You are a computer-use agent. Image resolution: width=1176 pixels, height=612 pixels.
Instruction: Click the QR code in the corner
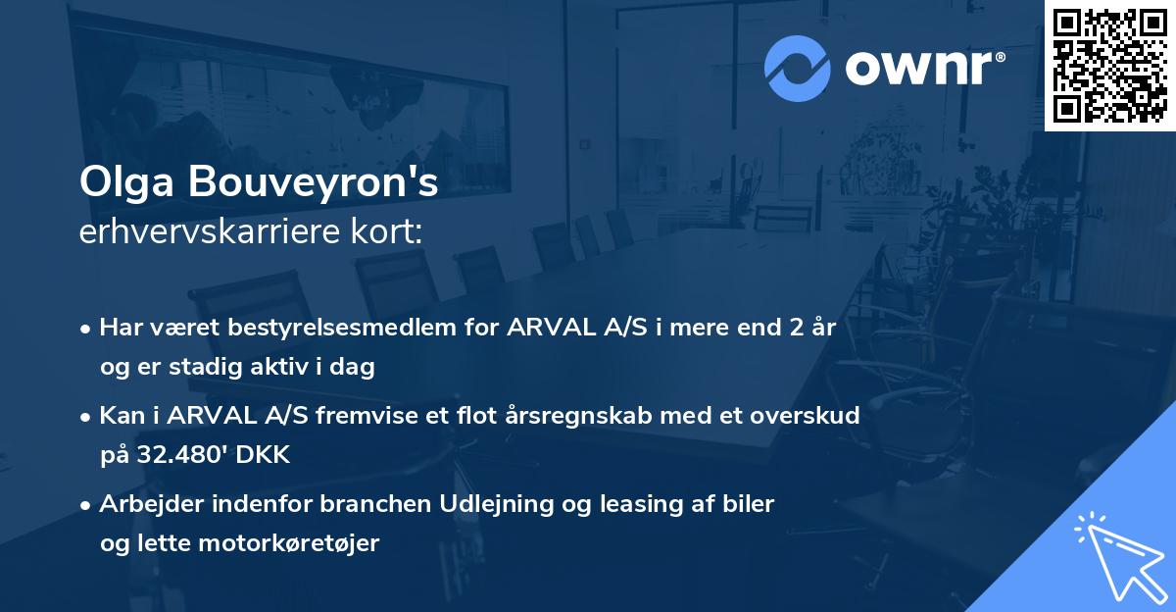pos(1110,66)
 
